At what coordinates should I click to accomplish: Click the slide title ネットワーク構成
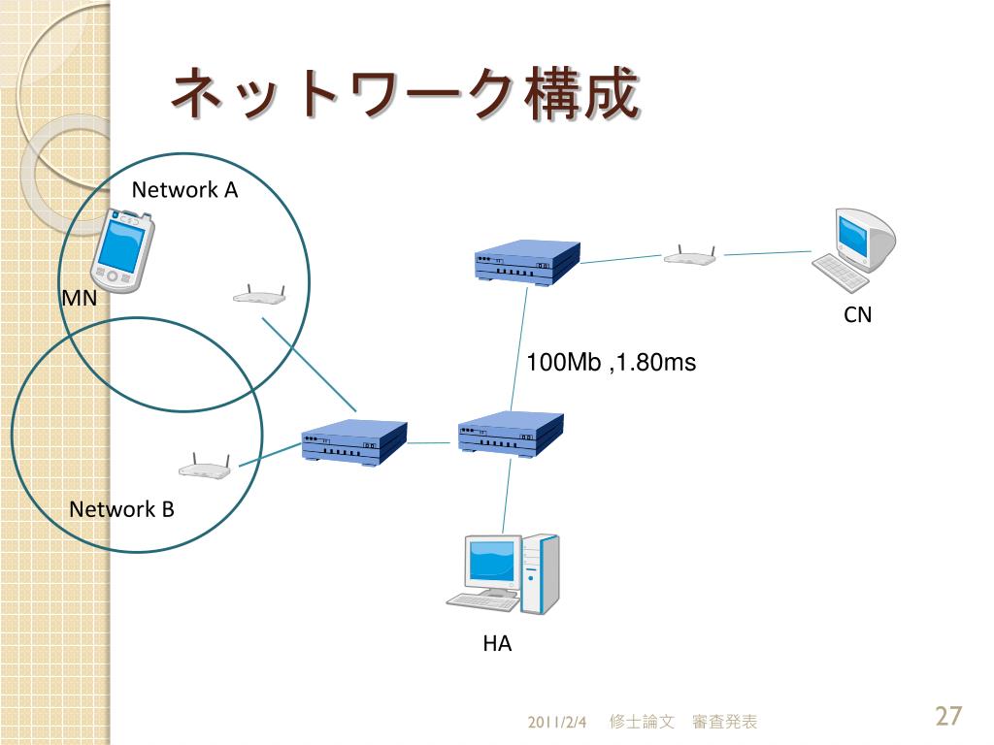tap(405, 94)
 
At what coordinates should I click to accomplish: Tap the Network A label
tap(184, 189)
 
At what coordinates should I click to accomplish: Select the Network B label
tap(121, 508)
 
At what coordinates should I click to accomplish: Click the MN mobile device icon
tap(121, 249)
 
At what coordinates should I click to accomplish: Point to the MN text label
tap(80, 298)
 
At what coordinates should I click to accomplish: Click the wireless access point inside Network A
tap(259, 294)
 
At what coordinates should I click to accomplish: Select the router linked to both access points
tap(353, 442)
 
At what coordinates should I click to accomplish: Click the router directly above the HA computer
tap(511, 434)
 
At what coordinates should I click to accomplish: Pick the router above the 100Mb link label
tap(527, 263)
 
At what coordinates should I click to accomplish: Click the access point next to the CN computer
tap(690, 255)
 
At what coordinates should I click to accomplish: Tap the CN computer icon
tap(853, 249)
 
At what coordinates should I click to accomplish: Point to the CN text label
tap(858, 314)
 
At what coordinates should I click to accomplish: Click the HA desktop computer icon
tap(504, 573)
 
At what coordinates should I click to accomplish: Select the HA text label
tap(497, 643)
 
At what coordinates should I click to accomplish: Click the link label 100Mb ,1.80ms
tap(612, 363)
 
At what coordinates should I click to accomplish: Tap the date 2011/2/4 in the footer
tap(556, 722)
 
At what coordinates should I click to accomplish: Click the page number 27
tap(948, 716)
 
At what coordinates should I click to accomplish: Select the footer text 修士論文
tap(642, 722)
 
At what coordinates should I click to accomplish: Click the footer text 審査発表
tap(724, 722)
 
